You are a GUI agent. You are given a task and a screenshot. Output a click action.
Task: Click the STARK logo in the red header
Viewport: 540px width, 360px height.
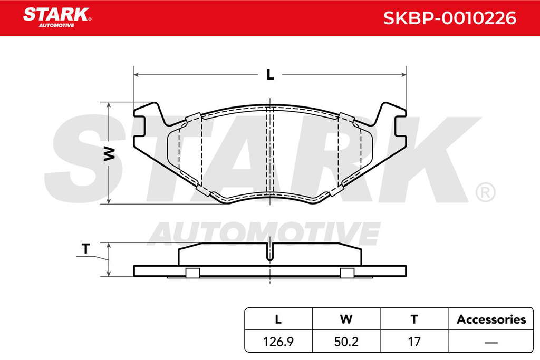[57, 17]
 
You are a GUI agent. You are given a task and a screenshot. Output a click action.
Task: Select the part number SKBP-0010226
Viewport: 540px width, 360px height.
[450, 18]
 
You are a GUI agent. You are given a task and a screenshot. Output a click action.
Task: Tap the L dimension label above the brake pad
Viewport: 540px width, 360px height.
[271, 74]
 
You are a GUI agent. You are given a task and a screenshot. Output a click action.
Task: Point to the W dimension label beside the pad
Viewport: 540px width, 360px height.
[110, 153]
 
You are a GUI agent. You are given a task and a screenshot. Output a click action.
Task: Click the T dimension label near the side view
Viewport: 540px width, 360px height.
[86, 248]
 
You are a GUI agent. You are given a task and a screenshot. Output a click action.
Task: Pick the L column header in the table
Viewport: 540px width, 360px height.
[278, 319]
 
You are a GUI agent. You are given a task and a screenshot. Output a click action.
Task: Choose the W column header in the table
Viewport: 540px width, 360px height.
[346, 319]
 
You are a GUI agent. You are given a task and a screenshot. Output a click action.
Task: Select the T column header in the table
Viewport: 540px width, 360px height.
[414, 319]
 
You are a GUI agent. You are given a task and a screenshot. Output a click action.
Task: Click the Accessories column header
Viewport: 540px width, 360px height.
[491, 319]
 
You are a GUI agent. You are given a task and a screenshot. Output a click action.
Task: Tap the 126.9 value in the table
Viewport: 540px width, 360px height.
[278, 342]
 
